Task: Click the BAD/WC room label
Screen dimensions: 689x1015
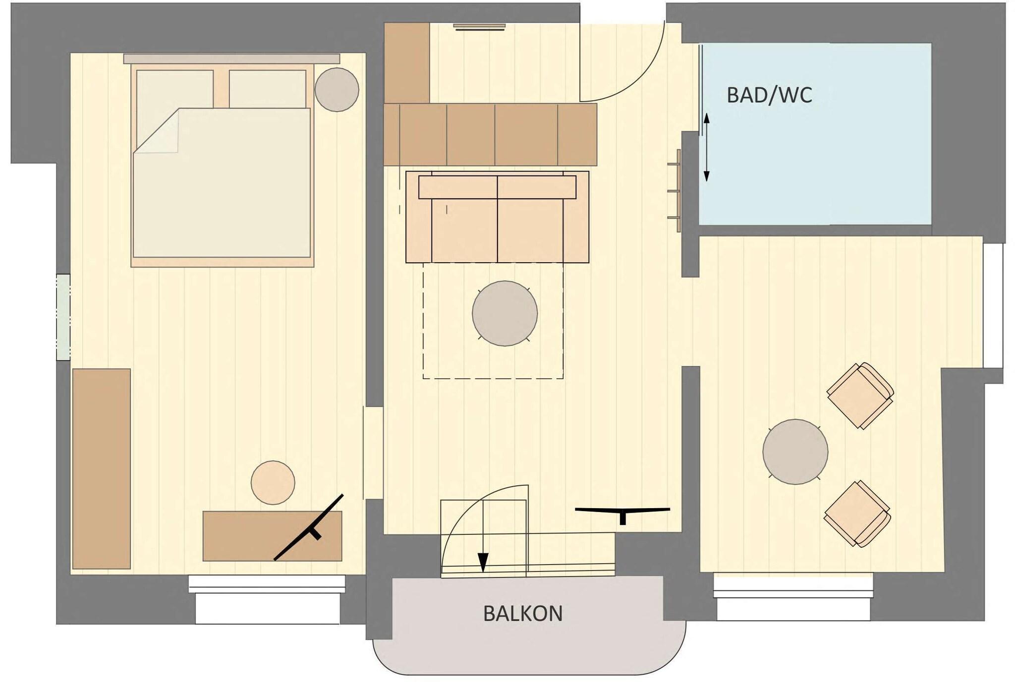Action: [x=769, y=95]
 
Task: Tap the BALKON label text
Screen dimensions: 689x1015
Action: [x=523, y=614]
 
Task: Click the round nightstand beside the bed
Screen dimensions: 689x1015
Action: [x=337, y=90]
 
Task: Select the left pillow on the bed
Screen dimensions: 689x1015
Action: [x=174, y=89]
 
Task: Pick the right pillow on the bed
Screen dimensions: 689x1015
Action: [x=268, y=88]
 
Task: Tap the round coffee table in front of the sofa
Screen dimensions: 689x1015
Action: [x=505, y=313]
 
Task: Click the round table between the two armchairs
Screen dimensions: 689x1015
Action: [x=795, y=452]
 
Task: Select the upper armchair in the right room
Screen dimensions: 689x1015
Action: [x=860, y=395]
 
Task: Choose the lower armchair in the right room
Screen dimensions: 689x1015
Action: [x=857, y=514]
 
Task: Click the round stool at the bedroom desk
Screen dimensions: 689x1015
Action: [x=273, y=482]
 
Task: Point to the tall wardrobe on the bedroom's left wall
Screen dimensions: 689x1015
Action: [x=102, y=468]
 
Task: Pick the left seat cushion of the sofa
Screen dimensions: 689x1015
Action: [x=464, y=230]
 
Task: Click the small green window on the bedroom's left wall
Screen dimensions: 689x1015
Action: [x=63, y=317]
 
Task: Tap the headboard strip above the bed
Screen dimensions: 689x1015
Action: [x=231, y=58]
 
